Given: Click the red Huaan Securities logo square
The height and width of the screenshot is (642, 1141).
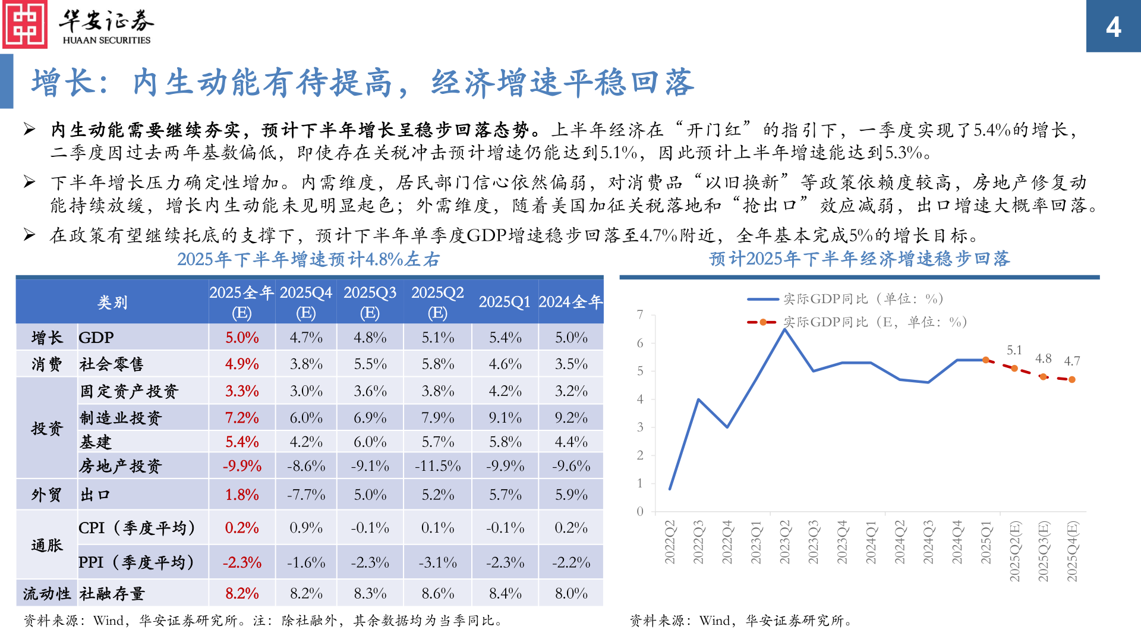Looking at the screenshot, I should pyautogui.click(x=25, y=25).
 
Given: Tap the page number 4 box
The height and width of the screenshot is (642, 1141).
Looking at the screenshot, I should pyautogui.click(x=1113, y=27).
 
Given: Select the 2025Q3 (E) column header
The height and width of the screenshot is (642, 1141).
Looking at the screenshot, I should pyautogui.click(x=370, y=302).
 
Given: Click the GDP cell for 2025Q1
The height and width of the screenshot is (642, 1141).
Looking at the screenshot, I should pyautogui.click(x=505, y=338).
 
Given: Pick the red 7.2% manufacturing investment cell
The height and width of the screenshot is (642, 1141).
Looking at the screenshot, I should pyautogui.click(x=242, y=418).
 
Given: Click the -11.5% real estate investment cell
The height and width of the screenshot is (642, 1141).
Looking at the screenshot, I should pyautogui.click(x=437, y=466).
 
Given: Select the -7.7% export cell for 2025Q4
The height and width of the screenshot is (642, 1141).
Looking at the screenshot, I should pyautogui.click(x=306, y=495).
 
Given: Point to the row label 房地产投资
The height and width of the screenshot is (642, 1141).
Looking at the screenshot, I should pyautogui.click(x=120, y=466).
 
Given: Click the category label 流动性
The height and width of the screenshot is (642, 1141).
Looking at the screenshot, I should pyautogui.click(x=46, y=593).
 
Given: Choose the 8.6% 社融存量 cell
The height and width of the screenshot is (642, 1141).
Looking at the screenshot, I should pyautogui.click(x=437, y=593).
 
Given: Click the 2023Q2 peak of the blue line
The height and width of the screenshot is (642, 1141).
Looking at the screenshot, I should pyautogui.click(x=785, y=329).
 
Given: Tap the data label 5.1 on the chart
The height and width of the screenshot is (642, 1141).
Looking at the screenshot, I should pyautogui.click(x=1014, y=350).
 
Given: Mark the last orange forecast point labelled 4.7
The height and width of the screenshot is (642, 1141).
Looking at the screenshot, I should pyautogui.click(x=1071, y=379).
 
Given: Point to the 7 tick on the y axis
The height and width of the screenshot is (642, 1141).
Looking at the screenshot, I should pyautogui.click(x=640, y=314).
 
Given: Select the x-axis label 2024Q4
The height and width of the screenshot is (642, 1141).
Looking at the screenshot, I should pyautogui.click(x=957, y=542).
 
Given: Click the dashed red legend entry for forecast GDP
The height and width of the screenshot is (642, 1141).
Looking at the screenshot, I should pyautogui.click(x=856, y=322).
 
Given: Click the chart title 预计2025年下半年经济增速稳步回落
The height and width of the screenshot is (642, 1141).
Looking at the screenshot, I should pyautogui.click(x=859, y=259).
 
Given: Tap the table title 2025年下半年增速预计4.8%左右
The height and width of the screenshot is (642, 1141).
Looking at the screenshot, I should pyautogui.click(x=308, y=260).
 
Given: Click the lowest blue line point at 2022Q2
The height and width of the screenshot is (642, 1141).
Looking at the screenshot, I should pyautogui.click(x=670, y=489).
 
